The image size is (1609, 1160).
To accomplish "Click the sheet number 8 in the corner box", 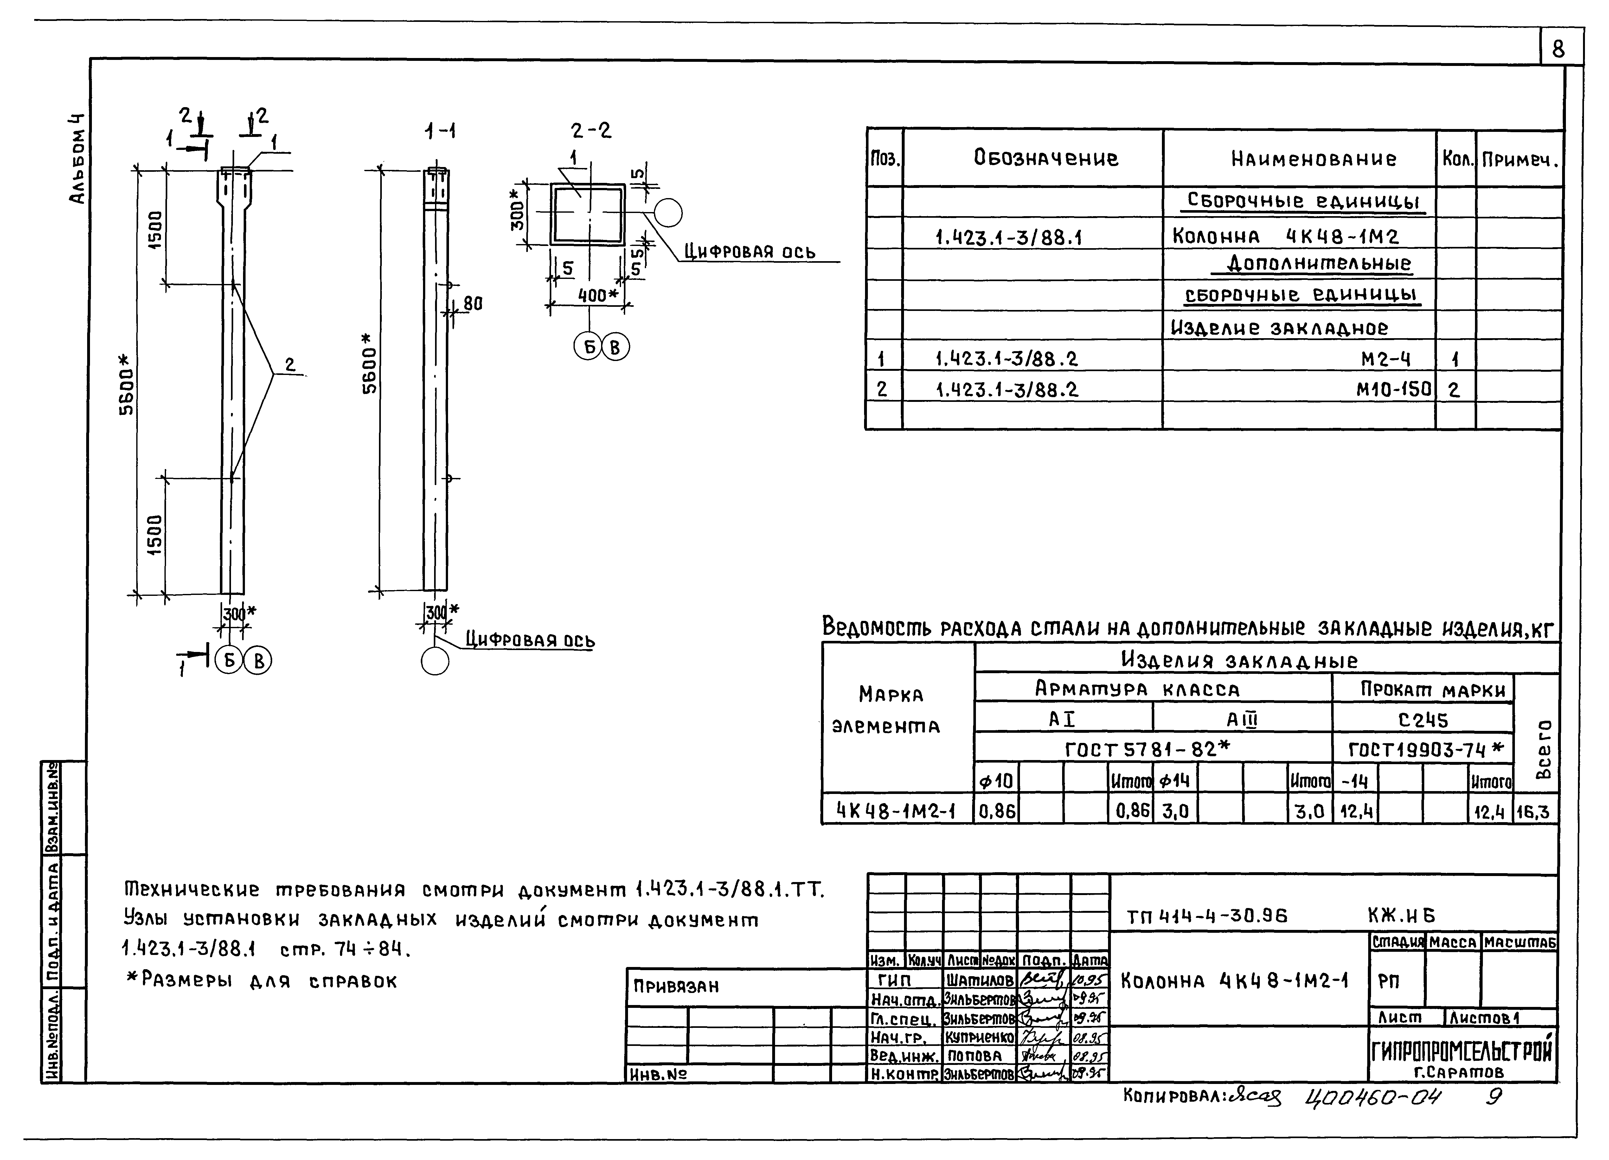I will pos(1558,50).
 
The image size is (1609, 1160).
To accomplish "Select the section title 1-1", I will pos(440,131).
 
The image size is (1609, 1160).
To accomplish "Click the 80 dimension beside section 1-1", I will pos(472,304).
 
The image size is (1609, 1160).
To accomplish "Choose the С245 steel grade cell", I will pos(1423,720).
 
